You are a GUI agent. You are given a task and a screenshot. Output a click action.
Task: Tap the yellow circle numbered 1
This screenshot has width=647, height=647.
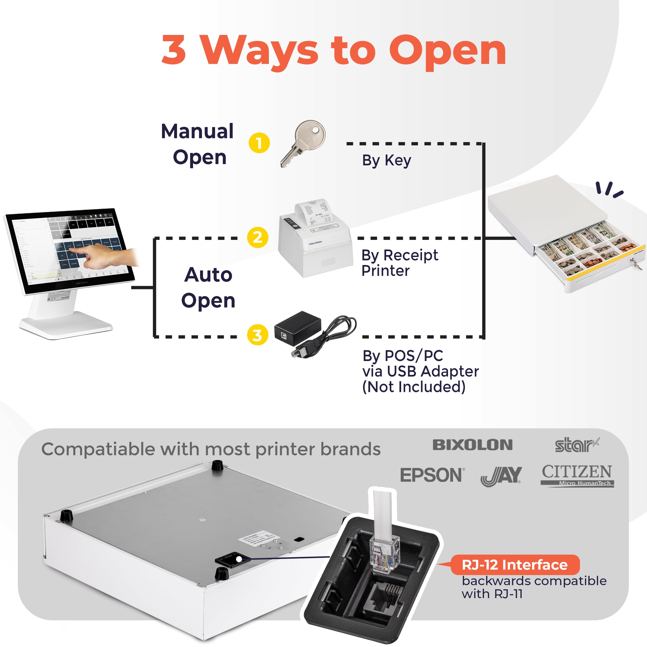(x=259, y=143)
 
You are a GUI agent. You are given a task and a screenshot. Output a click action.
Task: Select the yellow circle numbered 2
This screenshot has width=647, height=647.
(x=258, y=237)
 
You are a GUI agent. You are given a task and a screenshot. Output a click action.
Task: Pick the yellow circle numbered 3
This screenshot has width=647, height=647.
(x=258, y=335)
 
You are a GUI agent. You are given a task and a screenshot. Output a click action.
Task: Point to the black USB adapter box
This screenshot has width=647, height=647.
(x=298, y=328)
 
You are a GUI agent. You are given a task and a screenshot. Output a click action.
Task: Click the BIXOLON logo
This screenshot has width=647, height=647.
(x=473, y=445)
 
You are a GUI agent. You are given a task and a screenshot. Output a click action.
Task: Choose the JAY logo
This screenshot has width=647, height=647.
(x=501, y=475)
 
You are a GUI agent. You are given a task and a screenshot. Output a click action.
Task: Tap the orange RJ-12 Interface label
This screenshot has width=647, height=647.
(x=515, y=565)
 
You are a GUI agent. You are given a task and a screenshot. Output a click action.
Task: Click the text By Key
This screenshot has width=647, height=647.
(x=386, y=160)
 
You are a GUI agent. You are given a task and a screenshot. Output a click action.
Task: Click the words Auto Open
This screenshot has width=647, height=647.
(x=208, y=287)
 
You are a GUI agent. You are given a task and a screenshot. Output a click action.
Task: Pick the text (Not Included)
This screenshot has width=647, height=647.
(x=414, y=387)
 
